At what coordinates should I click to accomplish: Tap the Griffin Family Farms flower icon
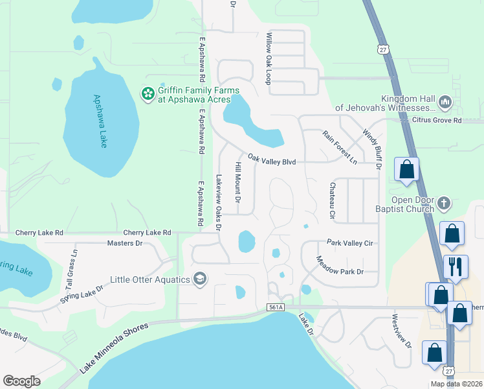[x=148, y=95]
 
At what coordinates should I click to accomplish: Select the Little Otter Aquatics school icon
[x=200, y=279]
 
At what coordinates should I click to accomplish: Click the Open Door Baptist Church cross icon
[x=443, y=204]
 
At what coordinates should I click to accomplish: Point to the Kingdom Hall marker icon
[x=445, y=102]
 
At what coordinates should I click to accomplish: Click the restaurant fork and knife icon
[x=456, y=266]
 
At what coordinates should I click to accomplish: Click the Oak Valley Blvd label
[x=272, y=160]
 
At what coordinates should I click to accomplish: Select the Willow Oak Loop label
[x=267, y=59]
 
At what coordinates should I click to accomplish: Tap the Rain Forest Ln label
[x=340, y=147]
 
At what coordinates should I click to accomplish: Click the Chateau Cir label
[x=332, y=200]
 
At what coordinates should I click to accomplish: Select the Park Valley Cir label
[x=350, y=242]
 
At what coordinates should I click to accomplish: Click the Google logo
[x=22, y=381]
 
